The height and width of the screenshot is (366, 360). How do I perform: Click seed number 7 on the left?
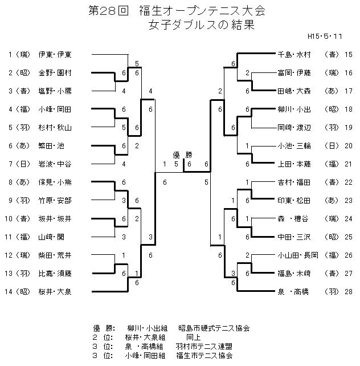[10, 164]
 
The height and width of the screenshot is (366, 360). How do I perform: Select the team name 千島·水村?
[293, 55]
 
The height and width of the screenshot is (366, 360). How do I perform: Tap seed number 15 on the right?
[349, 55]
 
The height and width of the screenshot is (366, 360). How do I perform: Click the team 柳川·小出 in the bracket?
[293, 109]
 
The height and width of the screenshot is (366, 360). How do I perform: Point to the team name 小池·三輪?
[293, 146]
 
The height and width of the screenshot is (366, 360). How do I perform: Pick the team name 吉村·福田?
[293, 182]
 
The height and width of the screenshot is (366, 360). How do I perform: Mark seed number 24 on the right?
[349, 219]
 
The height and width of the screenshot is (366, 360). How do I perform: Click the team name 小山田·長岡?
[293, 255]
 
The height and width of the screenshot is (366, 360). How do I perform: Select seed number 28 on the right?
[349, 292]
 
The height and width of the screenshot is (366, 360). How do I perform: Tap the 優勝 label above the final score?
[183, 155]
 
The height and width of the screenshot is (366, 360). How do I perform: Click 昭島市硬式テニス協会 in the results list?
[214, 329]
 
